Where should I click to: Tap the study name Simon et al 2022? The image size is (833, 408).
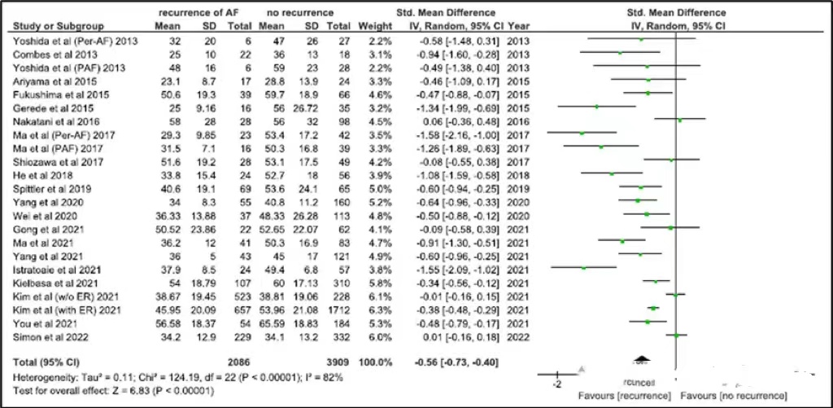46,336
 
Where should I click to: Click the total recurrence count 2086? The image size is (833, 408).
240,359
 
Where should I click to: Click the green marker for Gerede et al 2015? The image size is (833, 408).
597,107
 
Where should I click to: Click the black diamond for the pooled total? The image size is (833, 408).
642,358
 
